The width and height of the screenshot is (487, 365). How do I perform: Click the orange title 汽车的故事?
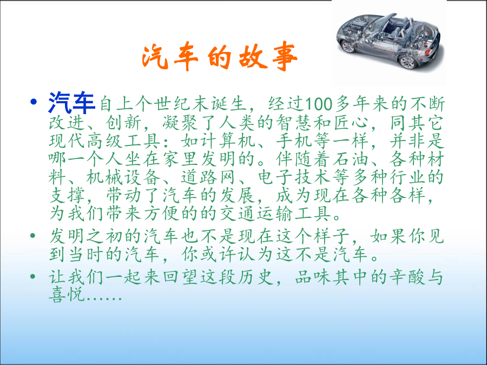220,57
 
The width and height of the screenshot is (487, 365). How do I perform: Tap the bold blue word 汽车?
71,103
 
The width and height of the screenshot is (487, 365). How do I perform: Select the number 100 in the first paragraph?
319,104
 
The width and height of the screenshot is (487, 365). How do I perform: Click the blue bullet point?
34,102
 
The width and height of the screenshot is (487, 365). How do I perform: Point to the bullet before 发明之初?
33,236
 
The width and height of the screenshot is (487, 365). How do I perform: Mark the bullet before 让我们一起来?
33,276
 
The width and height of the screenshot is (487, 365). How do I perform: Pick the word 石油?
352,159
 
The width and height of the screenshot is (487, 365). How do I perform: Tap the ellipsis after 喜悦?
104,298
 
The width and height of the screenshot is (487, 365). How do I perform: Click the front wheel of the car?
347,47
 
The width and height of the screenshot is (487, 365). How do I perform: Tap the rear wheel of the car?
408,62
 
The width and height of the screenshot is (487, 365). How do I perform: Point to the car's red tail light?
427,51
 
